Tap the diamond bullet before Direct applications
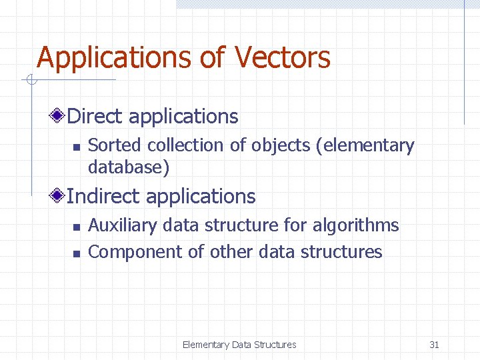59,116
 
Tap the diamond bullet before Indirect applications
59,196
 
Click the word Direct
95,117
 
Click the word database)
129,167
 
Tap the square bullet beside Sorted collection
76,147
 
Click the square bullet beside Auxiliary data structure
76,227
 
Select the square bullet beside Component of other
76,253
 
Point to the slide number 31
434,345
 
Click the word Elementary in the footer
205,345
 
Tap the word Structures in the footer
275,345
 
